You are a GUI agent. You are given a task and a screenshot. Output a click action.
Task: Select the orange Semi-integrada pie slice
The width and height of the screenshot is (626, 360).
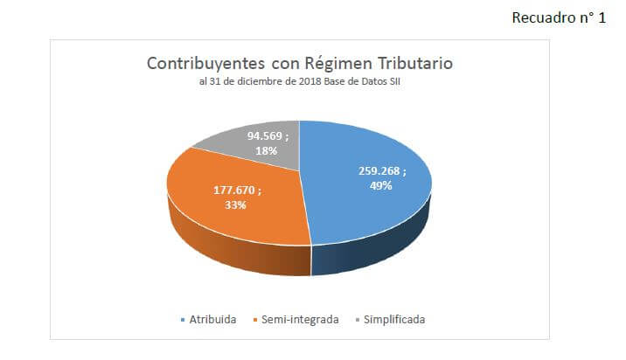(235, 216)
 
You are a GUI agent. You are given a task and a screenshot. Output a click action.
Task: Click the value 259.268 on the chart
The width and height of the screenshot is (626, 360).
(379, 170)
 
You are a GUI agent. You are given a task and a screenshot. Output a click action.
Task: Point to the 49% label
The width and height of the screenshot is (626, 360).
(381, 185)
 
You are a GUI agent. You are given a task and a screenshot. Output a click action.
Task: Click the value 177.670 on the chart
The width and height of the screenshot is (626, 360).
(234, 190)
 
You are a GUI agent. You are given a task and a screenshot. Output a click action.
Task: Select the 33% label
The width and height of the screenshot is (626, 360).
(235, 204)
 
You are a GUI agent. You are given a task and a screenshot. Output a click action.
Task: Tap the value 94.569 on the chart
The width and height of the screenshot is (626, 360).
(265, 136)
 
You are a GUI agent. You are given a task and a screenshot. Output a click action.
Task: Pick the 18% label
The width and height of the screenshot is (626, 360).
(267, 151)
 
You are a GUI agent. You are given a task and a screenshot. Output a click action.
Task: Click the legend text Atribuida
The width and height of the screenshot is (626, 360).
(212, 320)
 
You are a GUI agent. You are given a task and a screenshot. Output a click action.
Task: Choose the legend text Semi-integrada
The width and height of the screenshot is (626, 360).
(300, 320)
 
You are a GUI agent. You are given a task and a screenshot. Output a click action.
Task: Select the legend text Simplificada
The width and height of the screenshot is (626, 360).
(394, 320)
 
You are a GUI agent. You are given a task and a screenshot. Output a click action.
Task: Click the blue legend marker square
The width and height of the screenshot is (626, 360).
(183, 320)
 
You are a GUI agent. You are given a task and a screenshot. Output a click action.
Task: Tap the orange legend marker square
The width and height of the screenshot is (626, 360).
(255, 320)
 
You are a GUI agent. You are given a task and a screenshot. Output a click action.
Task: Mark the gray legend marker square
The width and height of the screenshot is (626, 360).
(358, 320)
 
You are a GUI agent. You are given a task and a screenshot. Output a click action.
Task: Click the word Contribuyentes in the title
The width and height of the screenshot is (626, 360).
(205, 64)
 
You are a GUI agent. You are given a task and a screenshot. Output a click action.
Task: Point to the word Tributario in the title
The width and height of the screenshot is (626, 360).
(415, 63)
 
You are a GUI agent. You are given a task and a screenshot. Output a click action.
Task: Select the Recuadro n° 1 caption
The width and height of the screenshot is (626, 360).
(559, 17)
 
